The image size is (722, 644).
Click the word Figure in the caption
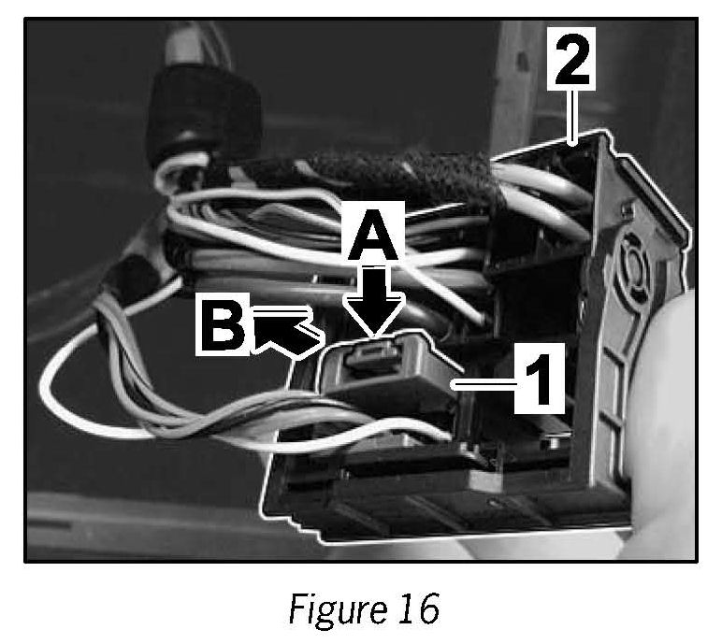pos(326,609)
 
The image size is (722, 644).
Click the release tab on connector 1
pos(373,354)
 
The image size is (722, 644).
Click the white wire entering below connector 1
pos(412,430)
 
